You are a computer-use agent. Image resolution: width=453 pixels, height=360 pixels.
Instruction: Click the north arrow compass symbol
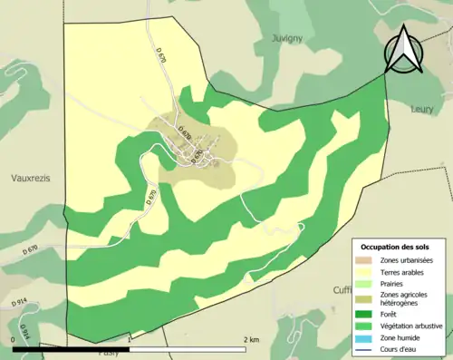pos(403,50)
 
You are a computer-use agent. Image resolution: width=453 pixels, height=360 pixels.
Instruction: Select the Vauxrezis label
pos(30,179)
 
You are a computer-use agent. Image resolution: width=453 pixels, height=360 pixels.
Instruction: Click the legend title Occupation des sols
pos(397,248)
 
